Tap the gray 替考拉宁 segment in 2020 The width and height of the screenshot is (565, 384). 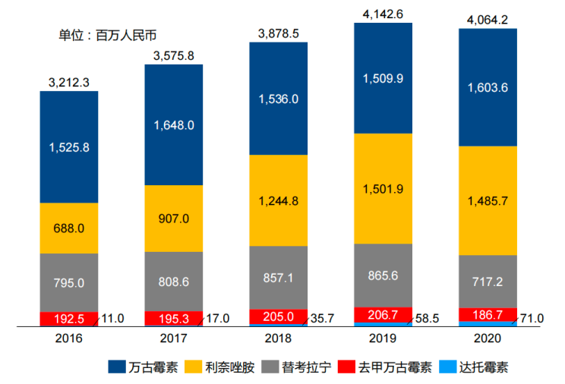click(x=488, y=281)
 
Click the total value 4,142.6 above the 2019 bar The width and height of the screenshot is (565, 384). click(x=383, y=12)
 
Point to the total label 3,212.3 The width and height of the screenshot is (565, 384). click(x=69, y=81)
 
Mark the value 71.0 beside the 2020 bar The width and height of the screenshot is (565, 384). click(x=531, y=318)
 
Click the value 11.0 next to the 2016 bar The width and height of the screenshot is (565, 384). click(x=112, y=318)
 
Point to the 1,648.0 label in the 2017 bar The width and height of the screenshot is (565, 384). click(x=174, y=125)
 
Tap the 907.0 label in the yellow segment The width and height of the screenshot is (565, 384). click(x=174, y=219)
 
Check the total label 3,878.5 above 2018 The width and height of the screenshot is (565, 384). click(x=279, y=33)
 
